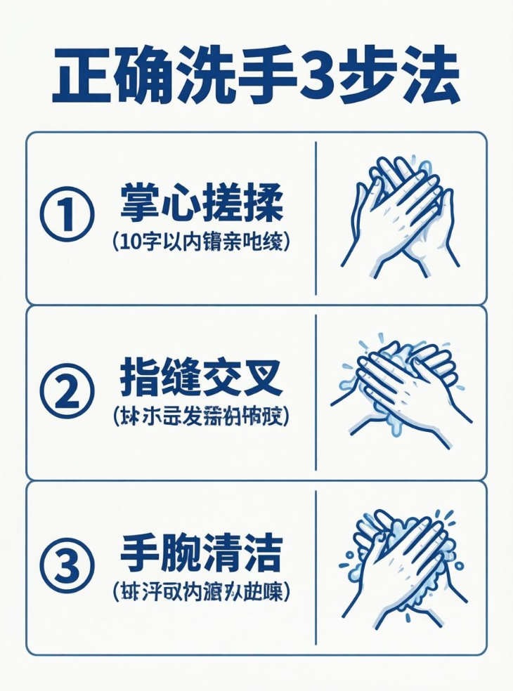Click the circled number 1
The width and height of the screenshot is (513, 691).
pyautogui.click(x=67, y=216)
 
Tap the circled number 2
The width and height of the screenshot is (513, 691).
pyautogui.click(x=67, y=391)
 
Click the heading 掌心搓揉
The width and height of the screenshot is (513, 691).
pyautogui.click(x=201, y=204)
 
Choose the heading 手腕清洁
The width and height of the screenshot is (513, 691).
pyautogui.click(x=201, y=553)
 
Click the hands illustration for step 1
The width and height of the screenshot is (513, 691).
pyautogui.click(x=398, y=217)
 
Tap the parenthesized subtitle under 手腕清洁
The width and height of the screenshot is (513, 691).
pyautogui.click(x=201, y=591)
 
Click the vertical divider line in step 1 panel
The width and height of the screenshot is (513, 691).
pyautogui.click(x=316, y=218)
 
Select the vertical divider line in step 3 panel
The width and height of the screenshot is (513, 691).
pyautogui.click(x=316, y=567)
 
